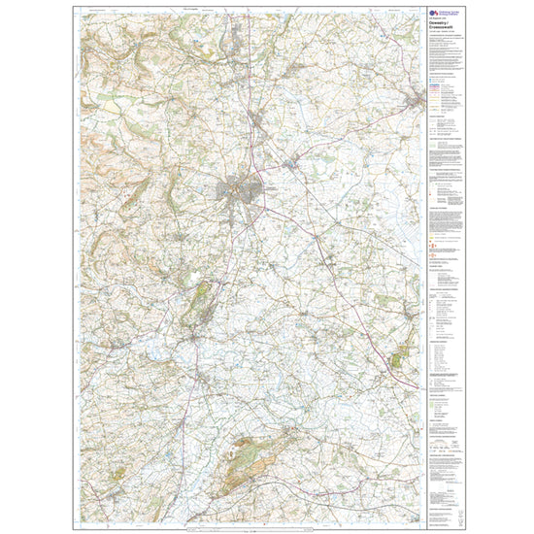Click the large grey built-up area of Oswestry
tap(240, 190)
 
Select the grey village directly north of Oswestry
tap(254, 118)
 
